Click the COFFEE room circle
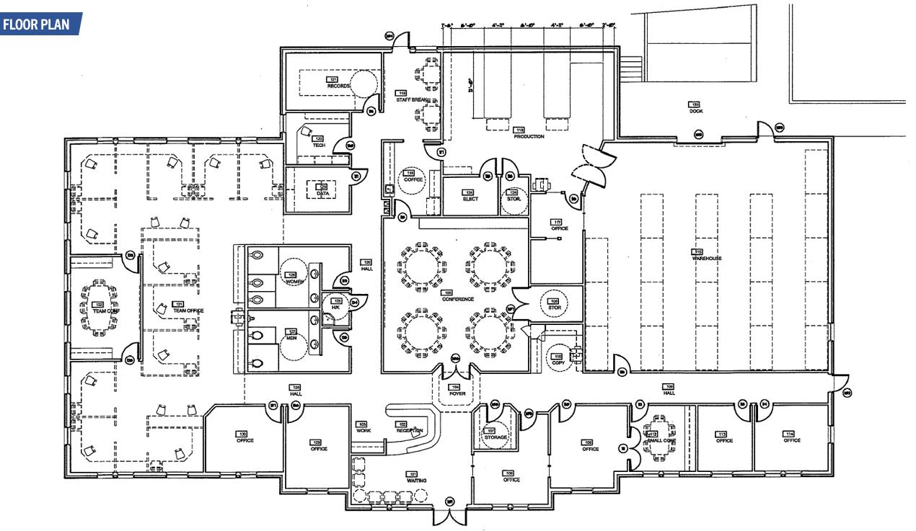[413, 177]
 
